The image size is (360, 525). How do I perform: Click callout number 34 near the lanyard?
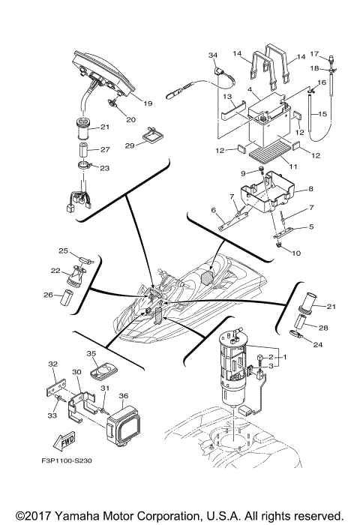[x=212, y=56]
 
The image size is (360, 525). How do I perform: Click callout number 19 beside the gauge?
[x=147, y=103]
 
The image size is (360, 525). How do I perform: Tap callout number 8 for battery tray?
[x=310, y=190]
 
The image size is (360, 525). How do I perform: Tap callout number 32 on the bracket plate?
[x=52, y=364]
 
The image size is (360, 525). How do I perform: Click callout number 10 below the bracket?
[x=295, y=253]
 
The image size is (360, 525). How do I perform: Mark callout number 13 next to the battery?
[x=225, y=97]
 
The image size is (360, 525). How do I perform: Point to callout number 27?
[x=105, y=149]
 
